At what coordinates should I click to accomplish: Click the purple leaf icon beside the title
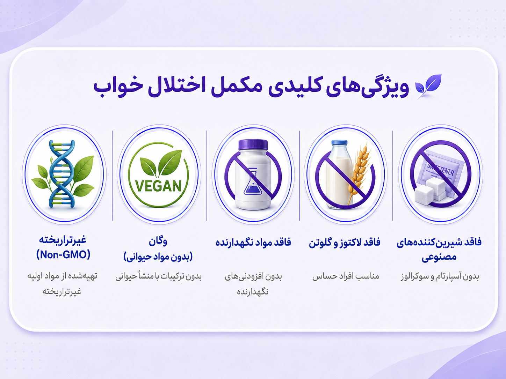[x=428, y=86]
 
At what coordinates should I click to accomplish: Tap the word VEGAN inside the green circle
[x=158, y=186]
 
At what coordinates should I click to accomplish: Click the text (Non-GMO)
[x=63, y=255]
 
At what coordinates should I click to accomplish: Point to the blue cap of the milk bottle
[x=340, y=142]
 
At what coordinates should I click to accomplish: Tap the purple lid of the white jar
[x=253, y=145]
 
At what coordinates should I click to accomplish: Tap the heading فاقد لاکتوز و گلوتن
[x=345, y=242]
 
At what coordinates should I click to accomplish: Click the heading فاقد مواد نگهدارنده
[x=253, y=242]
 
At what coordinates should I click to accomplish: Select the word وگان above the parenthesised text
[x=158, y=241]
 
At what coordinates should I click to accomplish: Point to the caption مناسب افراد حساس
[x=346, y=276]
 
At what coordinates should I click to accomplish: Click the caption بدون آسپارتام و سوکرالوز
[x=439, y=276]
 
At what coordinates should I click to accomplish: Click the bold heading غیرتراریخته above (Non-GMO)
[x=63, y=240]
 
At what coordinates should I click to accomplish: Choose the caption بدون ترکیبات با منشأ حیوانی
[x=158, y=276]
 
